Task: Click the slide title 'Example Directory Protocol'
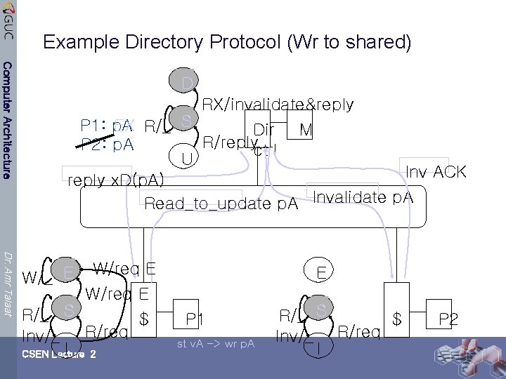pyautogui.click(x=227, y=43)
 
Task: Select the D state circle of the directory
pyautogui.click(x=186, y=84)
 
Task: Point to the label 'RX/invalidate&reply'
pyautogui.click(x=278, y=105)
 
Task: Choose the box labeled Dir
pyautogui.click(x=264, y=131)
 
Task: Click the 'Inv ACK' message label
pyautogui.click(x=436, y=173)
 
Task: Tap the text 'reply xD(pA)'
pyautogui.click(x=115, y=180)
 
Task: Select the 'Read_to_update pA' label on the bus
pyautogui.click(x=221, y=204)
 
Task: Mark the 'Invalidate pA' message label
pyautogui.click(x=363, y=198)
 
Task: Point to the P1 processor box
pyautogui.click(x=194, y=320)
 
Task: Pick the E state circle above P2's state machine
pyautogui.click(x=320, y=272)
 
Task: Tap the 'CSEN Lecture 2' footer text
pyautogui.click(x=59, y=354)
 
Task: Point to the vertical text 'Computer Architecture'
pyautogui.click(x=7, y=119)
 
